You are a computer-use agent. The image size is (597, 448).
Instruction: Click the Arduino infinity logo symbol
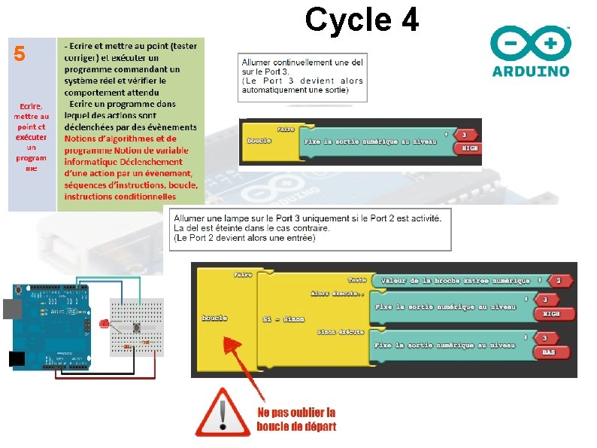[529, 44]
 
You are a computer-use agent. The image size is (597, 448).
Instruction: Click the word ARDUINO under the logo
[530, 72]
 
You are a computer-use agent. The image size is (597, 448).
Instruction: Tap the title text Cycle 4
[362, 20]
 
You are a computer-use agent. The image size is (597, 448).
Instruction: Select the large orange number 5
[20, 54]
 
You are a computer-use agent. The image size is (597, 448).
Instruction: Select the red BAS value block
[550, 352]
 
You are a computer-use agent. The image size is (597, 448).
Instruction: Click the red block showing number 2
[558, 280]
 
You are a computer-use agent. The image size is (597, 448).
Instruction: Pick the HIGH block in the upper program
[469, 148]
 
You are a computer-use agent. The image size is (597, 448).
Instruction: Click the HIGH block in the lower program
[550, 313]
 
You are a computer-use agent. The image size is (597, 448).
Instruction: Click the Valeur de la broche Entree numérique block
[456, 280]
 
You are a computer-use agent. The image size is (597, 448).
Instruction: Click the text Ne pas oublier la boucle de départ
[296, 419]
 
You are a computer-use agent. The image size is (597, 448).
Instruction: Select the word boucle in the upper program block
[259, 141]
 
